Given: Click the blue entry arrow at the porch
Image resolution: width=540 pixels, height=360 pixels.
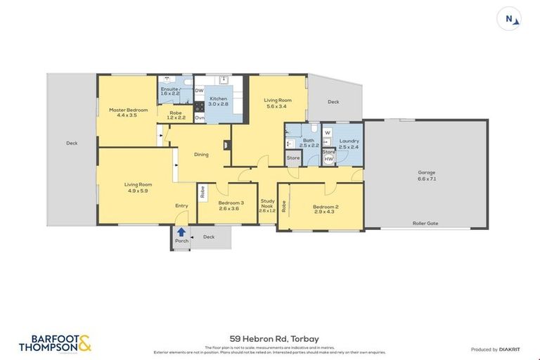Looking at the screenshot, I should pos(181,231).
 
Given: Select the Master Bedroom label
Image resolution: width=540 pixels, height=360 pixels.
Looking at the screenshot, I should pos(128,112).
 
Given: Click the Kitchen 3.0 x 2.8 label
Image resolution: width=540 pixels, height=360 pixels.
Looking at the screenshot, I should pos(218,102).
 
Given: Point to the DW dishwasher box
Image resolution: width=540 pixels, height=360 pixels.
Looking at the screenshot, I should pos(199,91).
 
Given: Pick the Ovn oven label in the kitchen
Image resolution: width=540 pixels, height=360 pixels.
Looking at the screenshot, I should pos(200,118).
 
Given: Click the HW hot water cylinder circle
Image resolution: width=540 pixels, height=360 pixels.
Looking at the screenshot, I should pos(328,160).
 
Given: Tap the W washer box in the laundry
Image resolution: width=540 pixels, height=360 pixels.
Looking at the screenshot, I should pos(328,132).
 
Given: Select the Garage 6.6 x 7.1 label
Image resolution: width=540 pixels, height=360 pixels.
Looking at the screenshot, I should pos(426,175).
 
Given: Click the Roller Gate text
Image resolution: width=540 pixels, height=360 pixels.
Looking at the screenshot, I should pos(425,223).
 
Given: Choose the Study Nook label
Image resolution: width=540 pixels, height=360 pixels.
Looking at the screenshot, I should pos(267,206).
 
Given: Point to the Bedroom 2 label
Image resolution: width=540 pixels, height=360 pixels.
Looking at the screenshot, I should pos(326,209).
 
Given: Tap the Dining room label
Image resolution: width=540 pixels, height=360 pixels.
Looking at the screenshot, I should pos(202,155).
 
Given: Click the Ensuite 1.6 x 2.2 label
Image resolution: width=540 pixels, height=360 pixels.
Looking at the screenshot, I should pos(171,91).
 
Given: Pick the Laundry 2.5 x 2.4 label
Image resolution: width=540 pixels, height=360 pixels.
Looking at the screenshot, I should pos(349,144).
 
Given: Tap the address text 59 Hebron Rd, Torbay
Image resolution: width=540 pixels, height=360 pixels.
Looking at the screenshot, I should pos(269,338).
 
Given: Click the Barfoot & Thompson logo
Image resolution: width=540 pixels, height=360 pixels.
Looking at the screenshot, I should pos(55,342).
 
